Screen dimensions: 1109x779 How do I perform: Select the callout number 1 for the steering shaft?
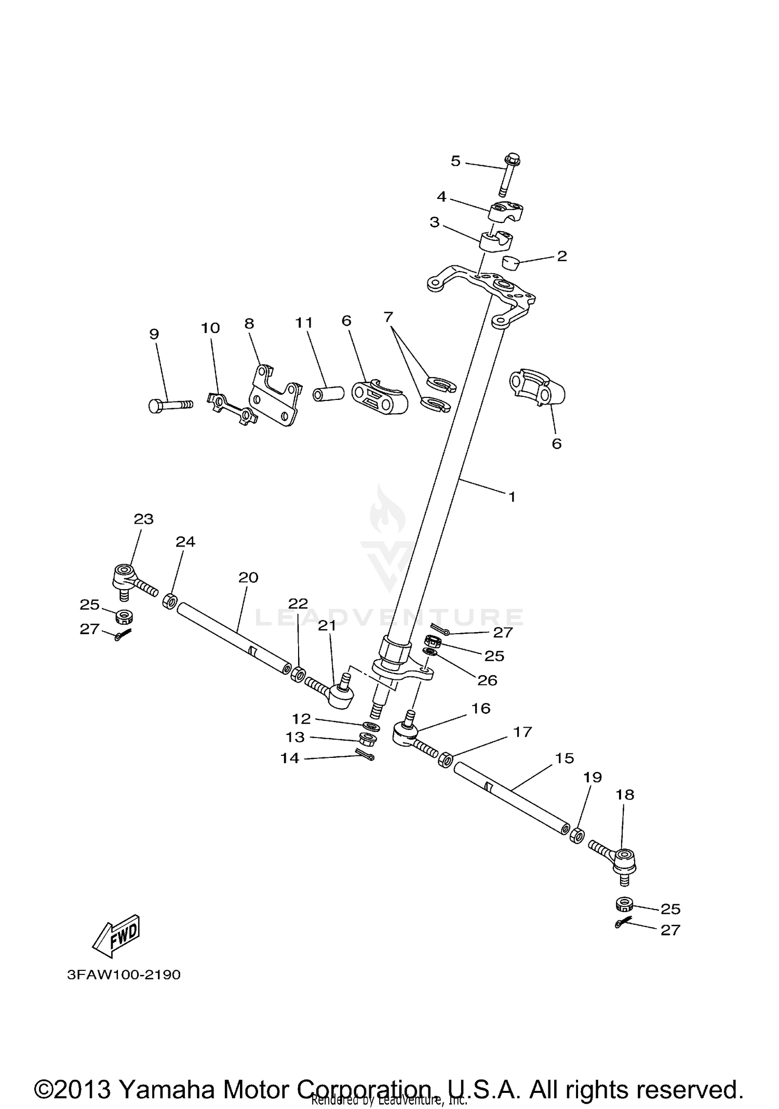coord(512,497)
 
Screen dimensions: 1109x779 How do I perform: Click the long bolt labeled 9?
coord(169,405)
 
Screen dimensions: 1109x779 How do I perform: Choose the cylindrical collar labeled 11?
coord(328,393)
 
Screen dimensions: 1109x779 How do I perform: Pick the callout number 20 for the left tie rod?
coord(248,577)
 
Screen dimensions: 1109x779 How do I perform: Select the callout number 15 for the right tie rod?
coord(565,758)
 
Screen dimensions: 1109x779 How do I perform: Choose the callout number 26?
coord(487,680)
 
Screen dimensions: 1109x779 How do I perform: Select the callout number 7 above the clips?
coord(388,316)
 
